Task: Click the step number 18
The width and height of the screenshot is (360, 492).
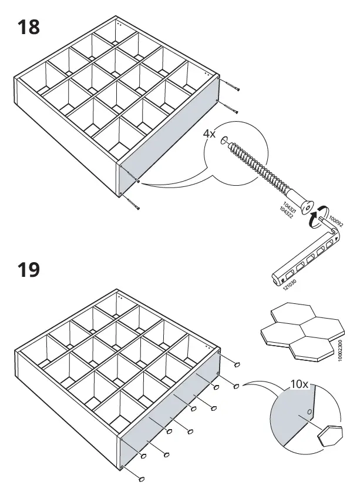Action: [x=29, y=28]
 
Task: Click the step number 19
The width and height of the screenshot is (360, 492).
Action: [x=29, y=270]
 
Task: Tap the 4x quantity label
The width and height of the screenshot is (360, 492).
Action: [x=210, y=134]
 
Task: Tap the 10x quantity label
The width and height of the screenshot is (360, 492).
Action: [x=300, y=384]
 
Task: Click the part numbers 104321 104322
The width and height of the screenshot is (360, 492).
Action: [x=286, y=208]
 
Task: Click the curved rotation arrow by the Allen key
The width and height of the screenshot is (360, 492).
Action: [x=318, y=217]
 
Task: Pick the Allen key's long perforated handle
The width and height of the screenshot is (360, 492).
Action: [x=300, y=260]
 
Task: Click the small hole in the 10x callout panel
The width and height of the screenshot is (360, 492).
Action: [x=309, y=411]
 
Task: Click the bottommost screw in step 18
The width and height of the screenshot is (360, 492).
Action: [x=134, y=205]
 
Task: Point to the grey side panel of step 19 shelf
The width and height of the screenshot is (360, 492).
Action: [x=170, y=411]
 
